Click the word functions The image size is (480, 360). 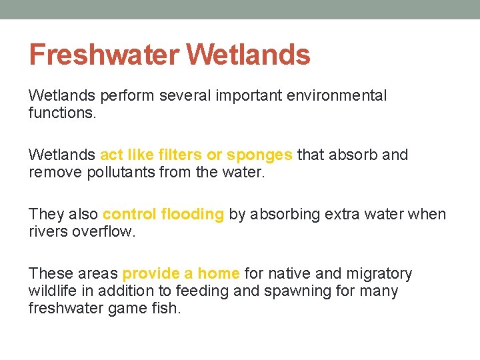click(x=62, y=113)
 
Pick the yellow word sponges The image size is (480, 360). click(x=259, y=155)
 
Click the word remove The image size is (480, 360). click(x=51, y=173)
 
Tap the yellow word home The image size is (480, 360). click(x=219, y=274)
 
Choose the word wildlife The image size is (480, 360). click(x=51, y=291)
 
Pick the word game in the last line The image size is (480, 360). click(x=129, y=309)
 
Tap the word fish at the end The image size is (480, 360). click(x=167, y=309)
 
